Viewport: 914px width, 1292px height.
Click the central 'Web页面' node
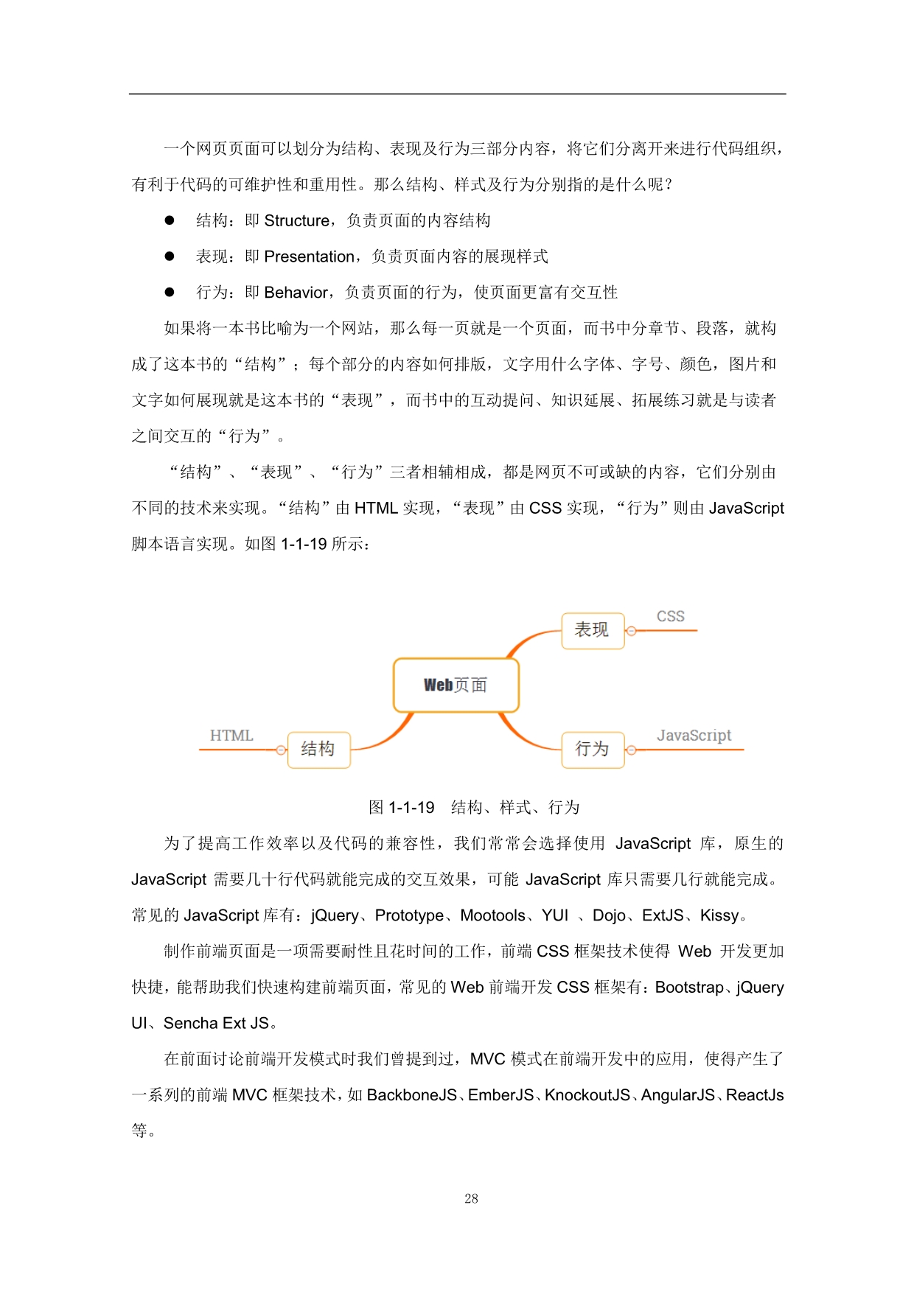[x=456, y=685]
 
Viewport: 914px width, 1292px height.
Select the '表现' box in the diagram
[x=593, y=630]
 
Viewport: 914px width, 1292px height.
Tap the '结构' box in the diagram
[x=318, y=750]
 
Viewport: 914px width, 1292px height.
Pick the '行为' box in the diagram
[x=593, y=750]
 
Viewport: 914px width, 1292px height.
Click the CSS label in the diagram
[x=670, y=616]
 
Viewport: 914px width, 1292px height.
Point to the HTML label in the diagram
[x=231, y=736]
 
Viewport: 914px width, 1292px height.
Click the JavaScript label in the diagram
[x=694, y=736]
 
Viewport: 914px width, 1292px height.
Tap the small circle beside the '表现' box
[x=631, y=631]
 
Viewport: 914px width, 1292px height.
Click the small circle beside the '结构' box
[x=281, y=750]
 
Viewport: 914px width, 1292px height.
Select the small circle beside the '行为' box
[x=631, y=750]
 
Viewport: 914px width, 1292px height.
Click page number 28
[x=471, y=1199]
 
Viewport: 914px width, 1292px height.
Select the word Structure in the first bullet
[x=296, y=220]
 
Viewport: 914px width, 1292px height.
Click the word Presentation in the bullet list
[x=309, y=256]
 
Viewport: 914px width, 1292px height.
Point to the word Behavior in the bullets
[x=296, y=293]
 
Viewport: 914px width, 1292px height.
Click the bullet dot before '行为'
[x=170, y=292]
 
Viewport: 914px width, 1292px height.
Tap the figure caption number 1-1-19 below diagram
[x=411, y=807]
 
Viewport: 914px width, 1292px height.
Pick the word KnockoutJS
[x=587, y=1095]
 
